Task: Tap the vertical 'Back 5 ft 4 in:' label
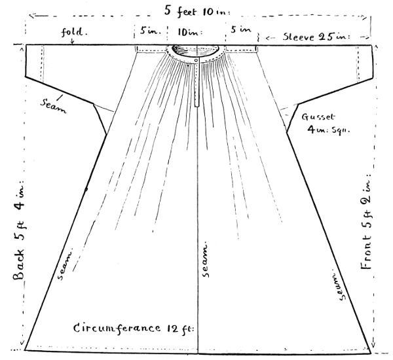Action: coord(18,229)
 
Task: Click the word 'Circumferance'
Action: coord(115,327)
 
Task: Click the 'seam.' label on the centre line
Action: coord(206,259)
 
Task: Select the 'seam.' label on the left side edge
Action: coord(66,264)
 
